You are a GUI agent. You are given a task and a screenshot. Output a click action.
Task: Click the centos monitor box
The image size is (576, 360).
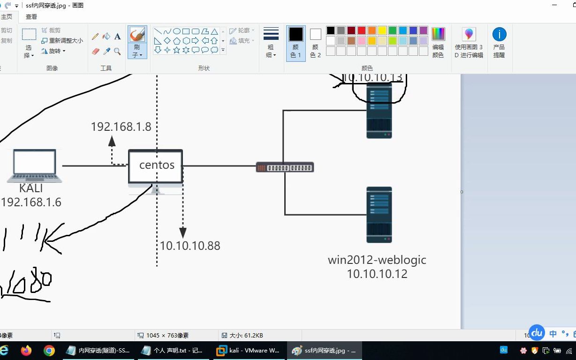point(156,166)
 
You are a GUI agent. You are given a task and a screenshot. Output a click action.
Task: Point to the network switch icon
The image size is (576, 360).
point(285,167)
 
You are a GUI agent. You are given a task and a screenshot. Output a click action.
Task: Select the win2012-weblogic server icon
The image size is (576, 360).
point(379,215)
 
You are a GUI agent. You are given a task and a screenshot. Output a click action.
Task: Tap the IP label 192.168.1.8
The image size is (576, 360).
point(121,127)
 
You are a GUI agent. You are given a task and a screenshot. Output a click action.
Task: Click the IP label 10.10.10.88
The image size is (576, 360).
point(190,246)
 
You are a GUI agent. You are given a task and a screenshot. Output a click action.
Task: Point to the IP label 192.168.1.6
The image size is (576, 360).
point(31,202)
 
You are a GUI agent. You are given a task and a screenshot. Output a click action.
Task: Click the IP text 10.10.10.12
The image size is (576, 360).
point(377,274)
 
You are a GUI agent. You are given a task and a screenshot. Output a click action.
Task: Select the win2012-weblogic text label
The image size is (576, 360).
point(377,260)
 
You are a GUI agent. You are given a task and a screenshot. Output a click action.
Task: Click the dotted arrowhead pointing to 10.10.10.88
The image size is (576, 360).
point(183,232)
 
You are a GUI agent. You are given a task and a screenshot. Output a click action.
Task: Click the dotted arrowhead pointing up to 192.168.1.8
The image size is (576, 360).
point(112,140)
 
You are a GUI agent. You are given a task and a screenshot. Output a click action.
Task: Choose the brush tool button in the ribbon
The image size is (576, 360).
point(137,42)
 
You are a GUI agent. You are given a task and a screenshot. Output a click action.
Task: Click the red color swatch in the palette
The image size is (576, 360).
point(362,30)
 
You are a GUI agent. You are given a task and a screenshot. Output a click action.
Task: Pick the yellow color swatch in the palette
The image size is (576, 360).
point(382,30)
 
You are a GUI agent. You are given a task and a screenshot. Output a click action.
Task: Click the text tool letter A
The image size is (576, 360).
point(118,36)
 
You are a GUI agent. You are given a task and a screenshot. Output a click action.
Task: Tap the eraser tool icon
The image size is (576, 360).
point(96,51)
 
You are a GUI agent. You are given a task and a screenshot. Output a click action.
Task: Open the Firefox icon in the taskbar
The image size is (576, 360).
point(26,351)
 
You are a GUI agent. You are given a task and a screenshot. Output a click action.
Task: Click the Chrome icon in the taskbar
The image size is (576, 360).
point(49,351)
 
